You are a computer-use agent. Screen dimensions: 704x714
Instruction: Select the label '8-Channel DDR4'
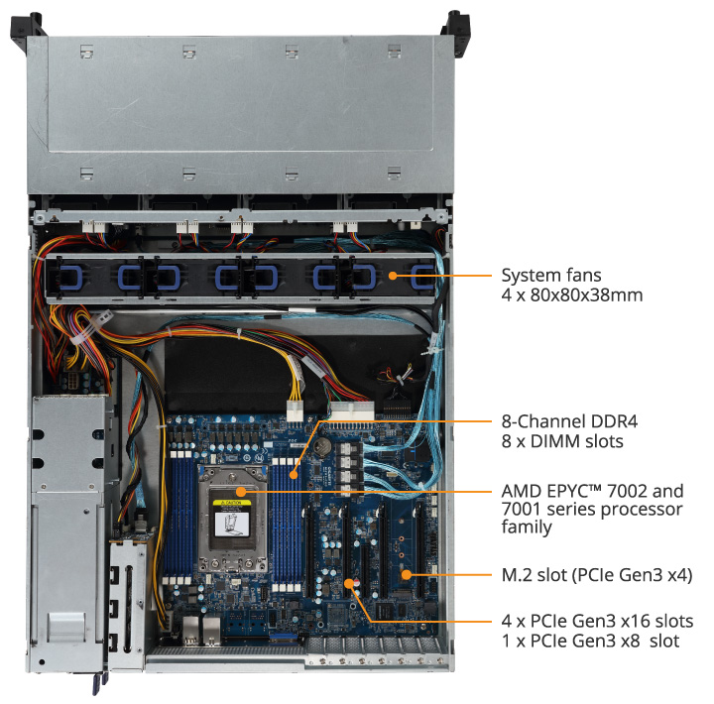[x=563, y=420]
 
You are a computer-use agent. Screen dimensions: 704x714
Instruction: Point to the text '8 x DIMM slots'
[x=562, y=441]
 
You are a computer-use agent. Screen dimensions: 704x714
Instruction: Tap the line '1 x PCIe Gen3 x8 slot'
[x=590, y=642]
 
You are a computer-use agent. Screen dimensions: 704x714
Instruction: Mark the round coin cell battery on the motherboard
[x=322, y=445]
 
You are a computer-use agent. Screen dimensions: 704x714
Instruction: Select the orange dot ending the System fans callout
[x=393, y=275]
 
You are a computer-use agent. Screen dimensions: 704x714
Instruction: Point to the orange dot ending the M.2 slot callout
[x=406, y=574]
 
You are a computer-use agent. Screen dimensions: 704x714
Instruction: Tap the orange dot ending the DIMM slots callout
[x=295, y=475]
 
